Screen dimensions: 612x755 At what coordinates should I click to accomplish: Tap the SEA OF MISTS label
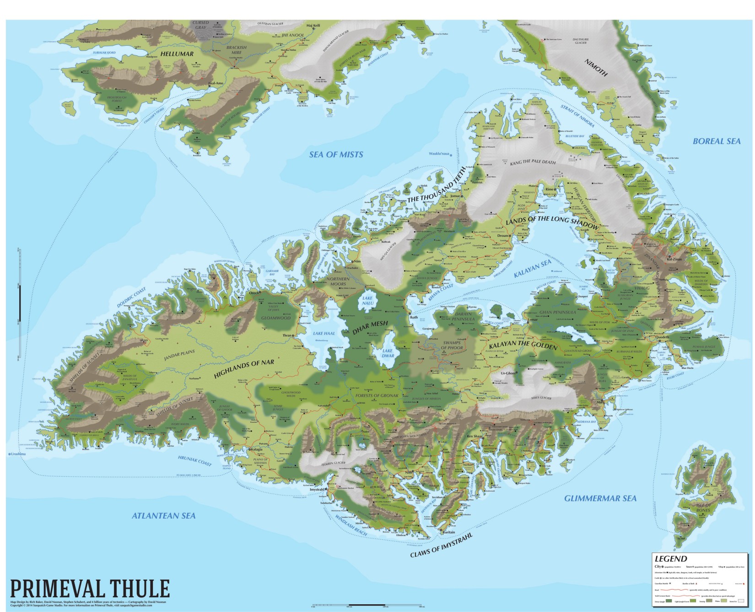pos(336,154)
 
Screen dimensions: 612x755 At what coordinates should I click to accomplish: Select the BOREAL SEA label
pos(716,141)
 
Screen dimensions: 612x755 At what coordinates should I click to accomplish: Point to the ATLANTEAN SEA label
pos(163,516)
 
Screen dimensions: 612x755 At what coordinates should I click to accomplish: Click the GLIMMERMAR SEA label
pos(600,498)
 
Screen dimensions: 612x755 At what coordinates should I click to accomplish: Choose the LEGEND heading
pos(670,559)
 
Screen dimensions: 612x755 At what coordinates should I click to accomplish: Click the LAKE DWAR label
pos(388,353)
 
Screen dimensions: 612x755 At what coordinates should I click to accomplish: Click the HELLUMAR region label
pos(177,54)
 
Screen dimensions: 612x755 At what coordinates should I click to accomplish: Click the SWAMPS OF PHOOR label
pos(452,345)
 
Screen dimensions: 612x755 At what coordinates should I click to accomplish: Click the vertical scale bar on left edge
pos(20,302)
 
